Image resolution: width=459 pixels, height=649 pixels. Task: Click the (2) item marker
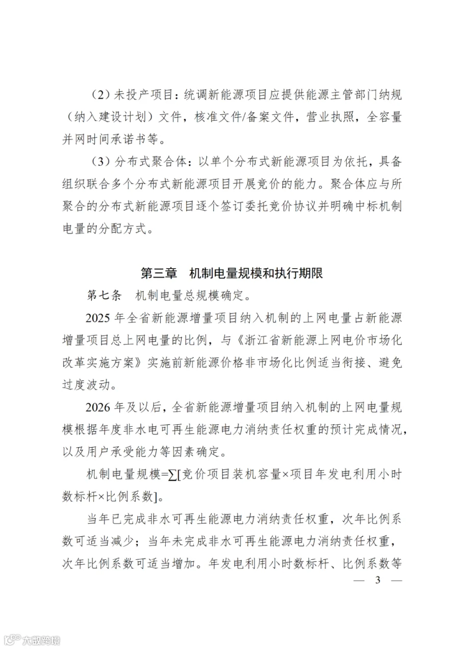click(x=101, y=96)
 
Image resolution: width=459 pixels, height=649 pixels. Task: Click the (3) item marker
click(x=101, y=162)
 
